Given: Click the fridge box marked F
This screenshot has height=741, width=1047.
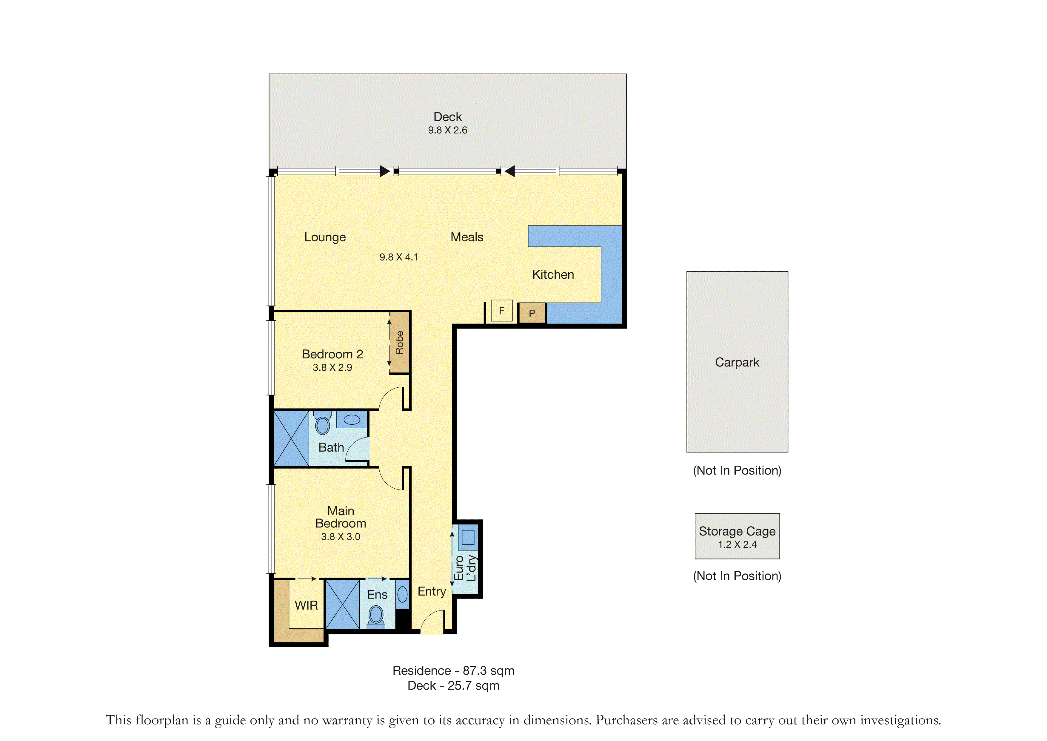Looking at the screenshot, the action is (502, 311).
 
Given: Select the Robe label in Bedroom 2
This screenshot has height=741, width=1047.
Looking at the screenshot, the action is (399, 342).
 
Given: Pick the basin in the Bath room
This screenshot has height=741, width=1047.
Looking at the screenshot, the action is (352, 419).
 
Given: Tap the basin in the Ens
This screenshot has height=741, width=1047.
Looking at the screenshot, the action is (402, 594).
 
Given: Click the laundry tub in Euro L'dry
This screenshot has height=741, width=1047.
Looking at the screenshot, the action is (468, 537).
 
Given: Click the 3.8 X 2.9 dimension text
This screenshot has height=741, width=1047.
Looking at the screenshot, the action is (332, 368).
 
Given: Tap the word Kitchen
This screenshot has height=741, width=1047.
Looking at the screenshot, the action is (553, 275).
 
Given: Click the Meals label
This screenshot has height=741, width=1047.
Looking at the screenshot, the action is (467, 237).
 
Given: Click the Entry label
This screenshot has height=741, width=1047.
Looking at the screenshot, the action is (432, 592).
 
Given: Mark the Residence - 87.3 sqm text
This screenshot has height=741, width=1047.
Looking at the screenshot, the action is (453, 671).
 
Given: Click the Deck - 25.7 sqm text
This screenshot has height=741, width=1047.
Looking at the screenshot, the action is (453, 686).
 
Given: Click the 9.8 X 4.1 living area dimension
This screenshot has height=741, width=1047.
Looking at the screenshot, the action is (398, 257).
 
